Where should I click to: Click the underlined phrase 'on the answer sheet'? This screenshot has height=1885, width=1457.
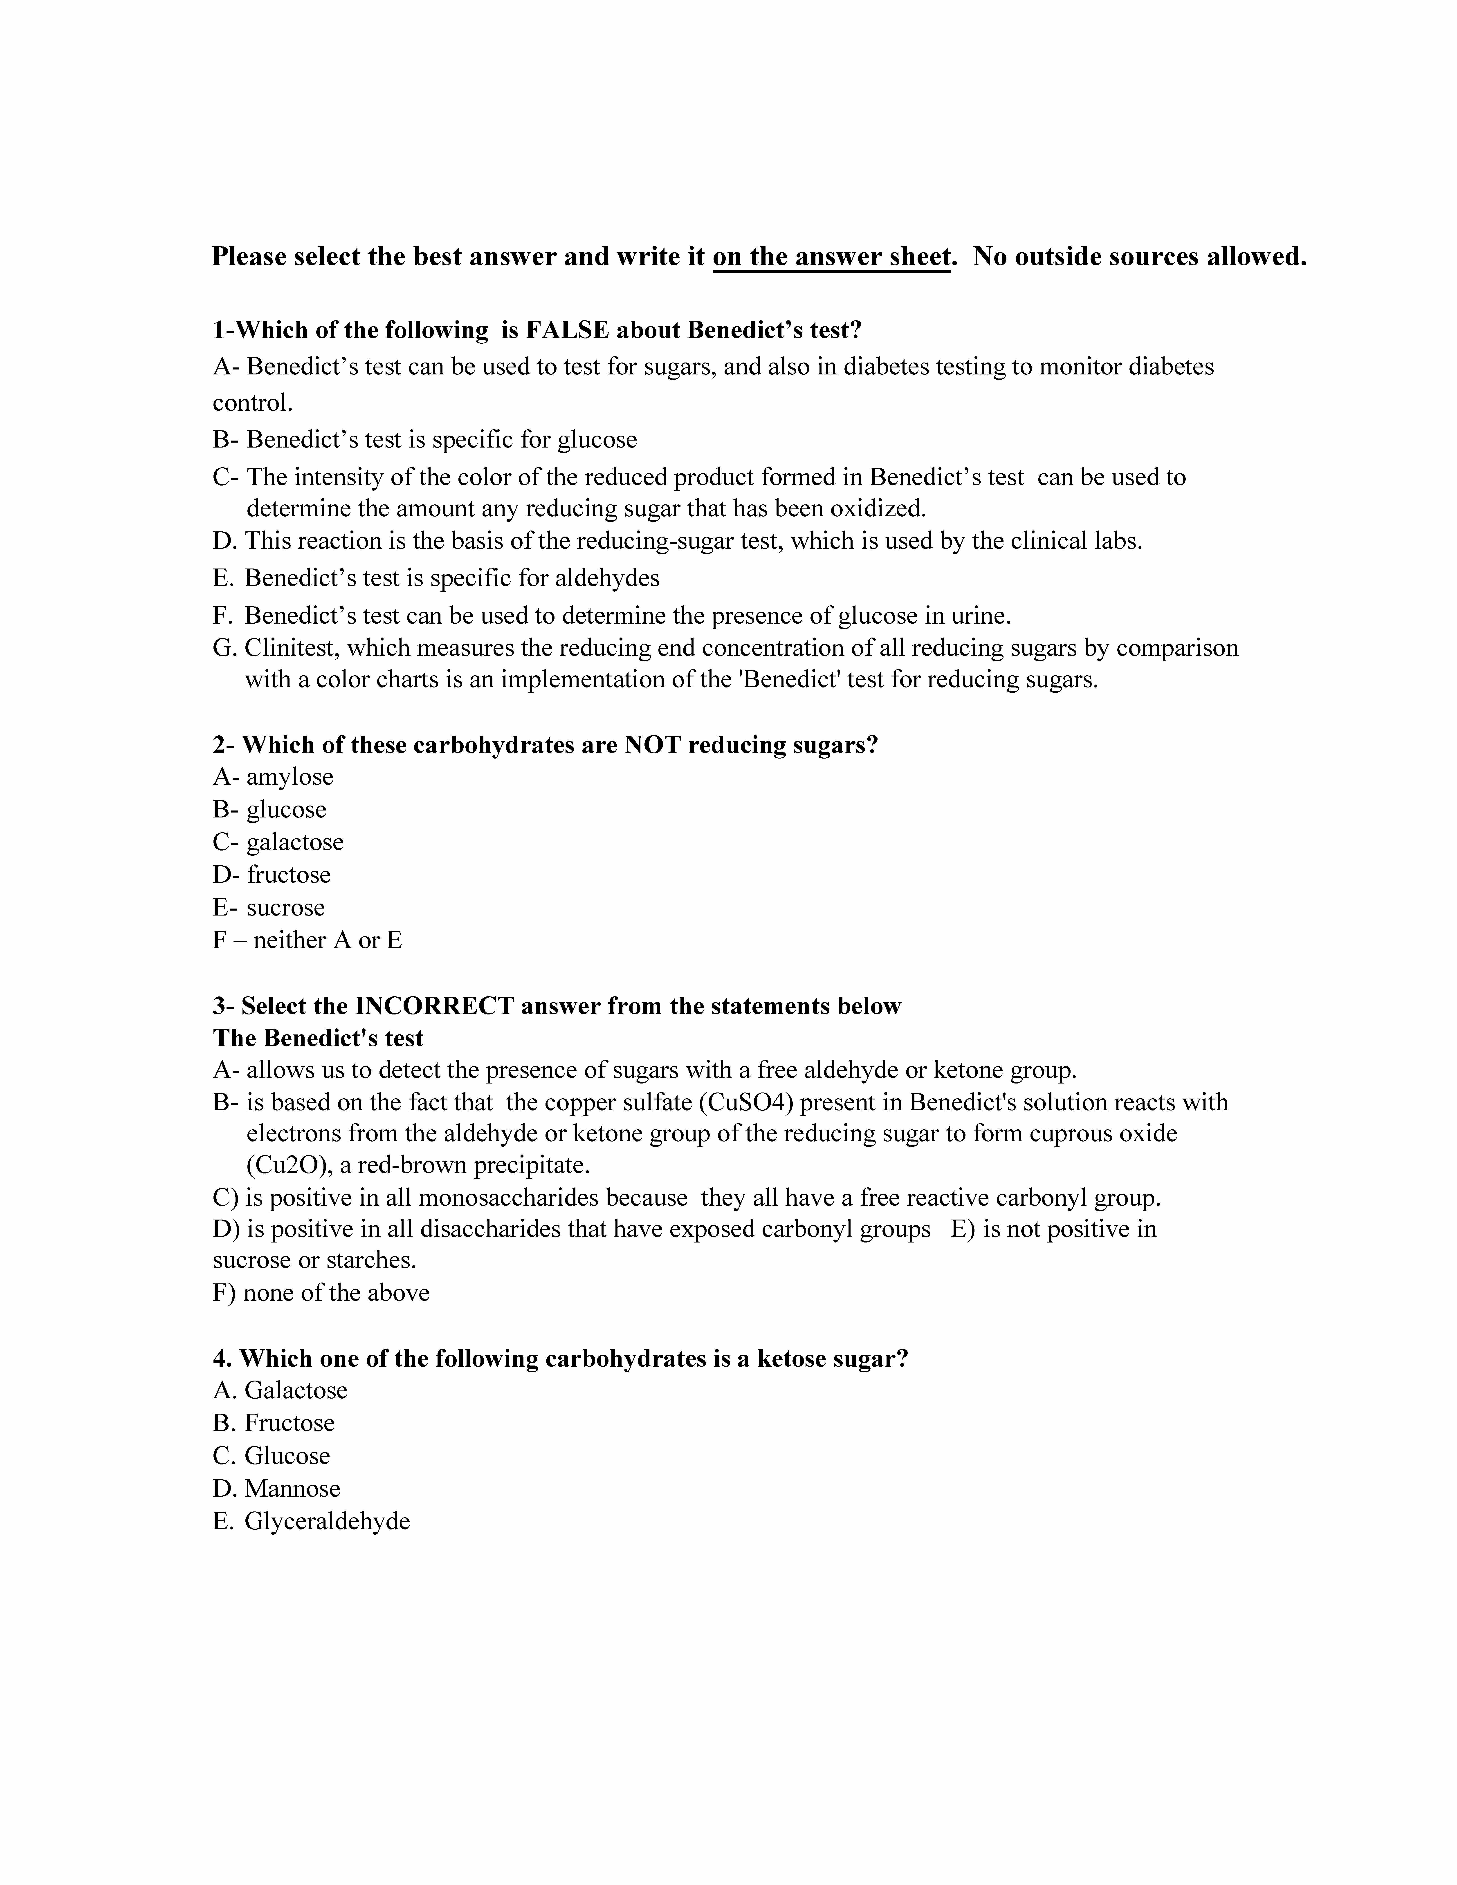pyautogui.click(x=831, y=257)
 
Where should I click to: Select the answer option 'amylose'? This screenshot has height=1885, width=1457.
pyautogui.click(x=289, y=777)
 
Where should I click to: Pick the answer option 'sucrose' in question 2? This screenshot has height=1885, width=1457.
pyautogui.click(x=285, y=908)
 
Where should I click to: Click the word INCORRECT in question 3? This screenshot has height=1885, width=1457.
pyautogui.click(x=434, y=1006)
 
